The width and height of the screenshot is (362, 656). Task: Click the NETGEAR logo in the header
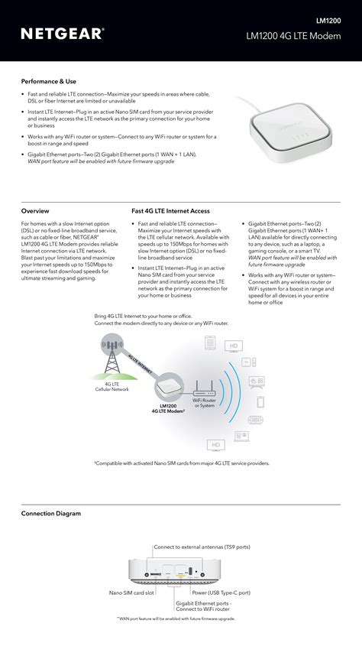click(x=63, y=34)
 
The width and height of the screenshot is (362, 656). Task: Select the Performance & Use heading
click(x=49, y=81)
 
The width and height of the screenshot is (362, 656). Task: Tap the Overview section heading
click(x=35, y=210)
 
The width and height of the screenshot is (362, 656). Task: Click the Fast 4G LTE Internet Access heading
click(x=170, y=210)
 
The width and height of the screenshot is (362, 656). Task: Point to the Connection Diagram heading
click(x=50, y=513)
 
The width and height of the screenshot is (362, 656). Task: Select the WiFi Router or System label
click(x=204, y=402)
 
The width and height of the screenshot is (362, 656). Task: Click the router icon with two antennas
click(x=204, y=386)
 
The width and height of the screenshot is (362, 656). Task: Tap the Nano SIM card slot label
click(x=131, y=593)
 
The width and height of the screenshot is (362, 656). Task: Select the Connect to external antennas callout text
click(x=202, y=547)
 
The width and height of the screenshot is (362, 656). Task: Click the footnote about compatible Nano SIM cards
click(x=182, y=463)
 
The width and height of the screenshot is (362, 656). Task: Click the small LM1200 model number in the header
click(x=328, y=21)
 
